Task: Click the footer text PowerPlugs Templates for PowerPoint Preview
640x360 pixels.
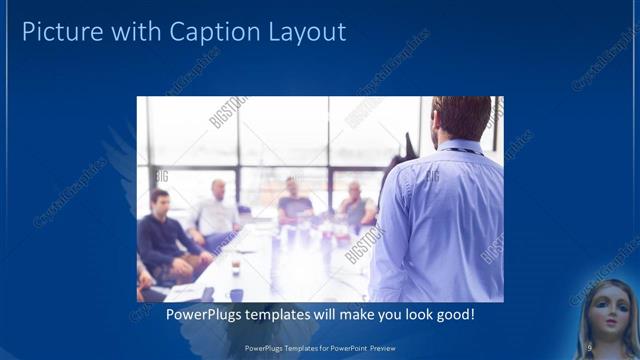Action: pos(319,347)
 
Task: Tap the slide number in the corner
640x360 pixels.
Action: pos(589,346)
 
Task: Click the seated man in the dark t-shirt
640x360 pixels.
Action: pos(294,203)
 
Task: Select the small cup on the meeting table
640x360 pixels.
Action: pos(235,267)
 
